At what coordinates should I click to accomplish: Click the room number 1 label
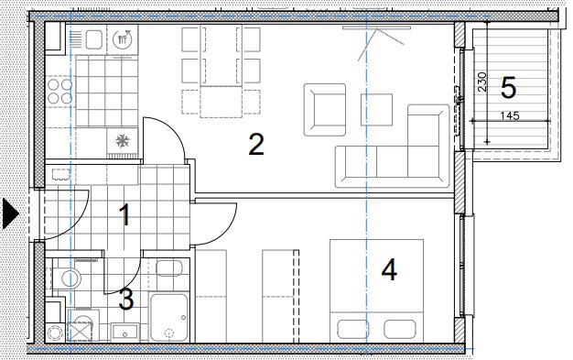coord(125,215)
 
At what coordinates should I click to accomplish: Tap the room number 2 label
coord(256,145)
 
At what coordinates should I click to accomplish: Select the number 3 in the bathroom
coord(126,300)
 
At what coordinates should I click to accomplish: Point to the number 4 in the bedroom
coord(389,270)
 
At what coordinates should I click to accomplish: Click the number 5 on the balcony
coord(508,88)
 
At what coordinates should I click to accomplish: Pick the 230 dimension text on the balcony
coord(482,82)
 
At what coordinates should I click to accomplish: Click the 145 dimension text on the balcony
coord(510,116)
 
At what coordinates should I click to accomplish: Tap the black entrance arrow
coord(11,213)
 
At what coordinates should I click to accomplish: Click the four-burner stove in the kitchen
coord(60,92)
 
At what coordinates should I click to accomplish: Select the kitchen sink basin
coord(94,39)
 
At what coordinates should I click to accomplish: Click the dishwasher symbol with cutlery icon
coord(123,38)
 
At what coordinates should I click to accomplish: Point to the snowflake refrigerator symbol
coord(123,141)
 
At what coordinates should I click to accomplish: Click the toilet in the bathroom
coord(67,278)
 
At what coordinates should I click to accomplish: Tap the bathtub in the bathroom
coord(168,318)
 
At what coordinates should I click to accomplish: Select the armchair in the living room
coord(325,110)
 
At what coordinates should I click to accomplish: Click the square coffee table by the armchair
coord(376,110)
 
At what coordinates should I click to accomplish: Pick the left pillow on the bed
coord(352,329)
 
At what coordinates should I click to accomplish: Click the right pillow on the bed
coord(400,329)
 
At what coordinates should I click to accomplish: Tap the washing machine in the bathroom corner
coord(83,325)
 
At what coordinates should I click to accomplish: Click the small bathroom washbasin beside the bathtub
coord(125,333)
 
